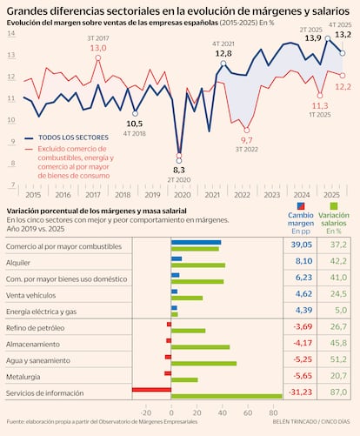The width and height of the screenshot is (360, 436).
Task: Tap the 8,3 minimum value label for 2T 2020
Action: [x=179, y=170]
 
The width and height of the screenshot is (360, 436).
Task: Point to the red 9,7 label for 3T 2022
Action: [x=246, y=140]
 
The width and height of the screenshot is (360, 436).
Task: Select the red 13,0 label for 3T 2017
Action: [x=97, y=48]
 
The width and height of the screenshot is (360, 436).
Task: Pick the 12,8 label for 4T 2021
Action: [x=223, y=54]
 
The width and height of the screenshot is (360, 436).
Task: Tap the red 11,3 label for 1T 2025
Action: [x=320, y=105]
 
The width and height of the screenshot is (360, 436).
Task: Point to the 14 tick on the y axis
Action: [x=10, y=33]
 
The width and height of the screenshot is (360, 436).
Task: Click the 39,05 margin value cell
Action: [x=298, y=245]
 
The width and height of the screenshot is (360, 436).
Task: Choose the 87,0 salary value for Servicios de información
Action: [x=335, y=393]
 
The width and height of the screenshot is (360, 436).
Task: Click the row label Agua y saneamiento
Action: [x=42, y=359]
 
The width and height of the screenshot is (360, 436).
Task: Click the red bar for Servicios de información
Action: [x=151, y=390]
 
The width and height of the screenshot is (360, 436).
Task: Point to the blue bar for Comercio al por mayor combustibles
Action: [x=196, y=242]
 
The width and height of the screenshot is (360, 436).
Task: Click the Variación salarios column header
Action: [x=335, y=221]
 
